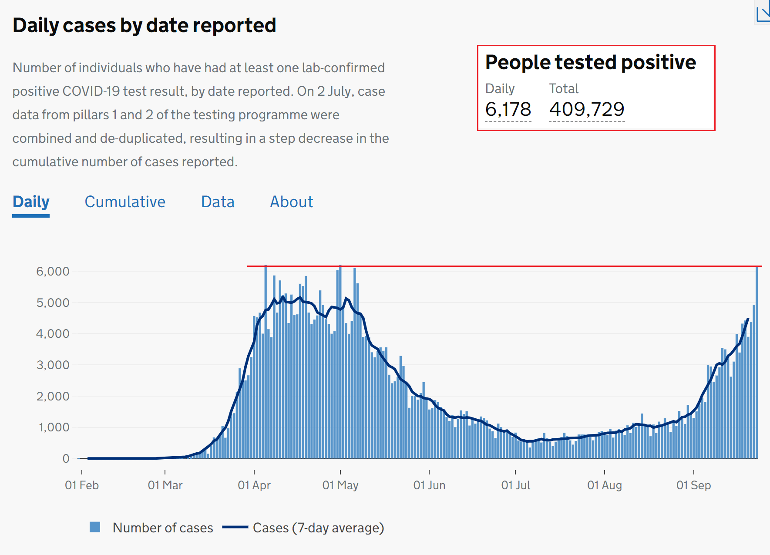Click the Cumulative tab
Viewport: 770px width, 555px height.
click(125, 202)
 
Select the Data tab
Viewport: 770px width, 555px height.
click(218, 202)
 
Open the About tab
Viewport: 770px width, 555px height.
click(291, 202)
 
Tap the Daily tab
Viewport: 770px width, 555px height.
click(31, 202)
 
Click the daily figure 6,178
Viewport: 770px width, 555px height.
click(508, 109)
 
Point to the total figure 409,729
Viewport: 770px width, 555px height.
click(587, 109)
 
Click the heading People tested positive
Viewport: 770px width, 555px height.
click(590, 62)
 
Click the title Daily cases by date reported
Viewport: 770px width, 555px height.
click(144, 25)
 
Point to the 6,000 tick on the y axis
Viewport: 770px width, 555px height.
click(53, 272)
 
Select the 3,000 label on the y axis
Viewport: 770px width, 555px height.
click(53, 365)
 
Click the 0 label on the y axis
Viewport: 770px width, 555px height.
click(66, 458)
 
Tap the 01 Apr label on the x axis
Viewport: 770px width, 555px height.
click(254, 485)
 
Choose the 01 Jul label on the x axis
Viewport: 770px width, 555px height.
click(516, 485)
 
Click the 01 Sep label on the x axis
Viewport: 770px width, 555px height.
click(693, 485)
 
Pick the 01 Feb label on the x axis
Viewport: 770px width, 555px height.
click(82, 485)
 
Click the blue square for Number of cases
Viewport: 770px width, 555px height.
click(95, 527)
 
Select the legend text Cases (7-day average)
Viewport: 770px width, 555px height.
click(318, 528)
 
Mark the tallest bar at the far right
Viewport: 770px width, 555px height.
click(757, 361)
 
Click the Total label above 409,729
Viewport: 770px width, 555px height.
click(564, 88)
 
